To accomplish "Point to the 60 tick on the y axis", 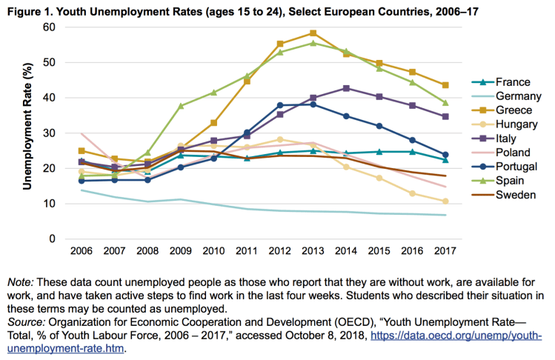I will point(49,27).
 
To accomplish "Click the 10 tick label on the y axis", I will point(49,204).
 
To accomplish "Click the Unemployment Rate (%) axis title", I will point(27,133).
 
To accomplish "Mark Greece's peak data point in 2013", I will point(313,33).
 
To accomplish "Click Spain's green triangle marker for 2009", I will point(181,106).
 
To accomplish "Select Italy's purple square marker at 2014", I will point(346,88).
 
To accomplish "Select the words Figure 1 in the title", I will point(28,10).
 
